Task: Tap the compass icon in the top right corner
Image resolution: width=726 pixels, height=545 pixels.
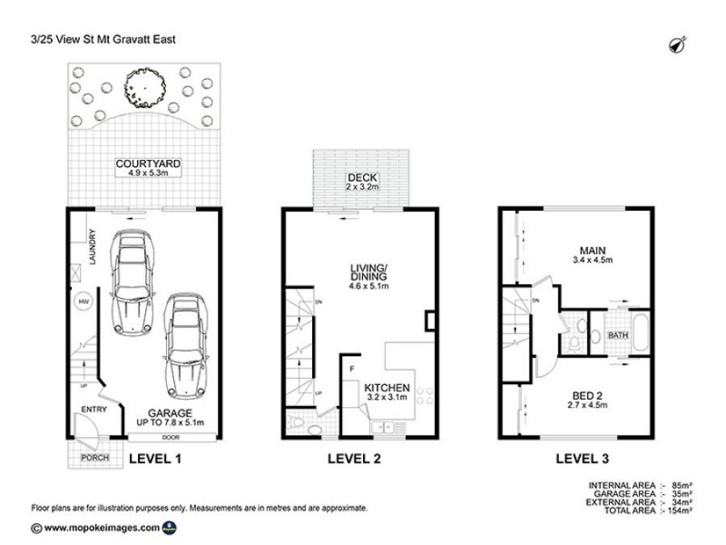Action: coord(676,45)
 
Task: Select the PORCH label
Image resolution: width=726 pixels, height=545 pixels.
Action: coord(95,458)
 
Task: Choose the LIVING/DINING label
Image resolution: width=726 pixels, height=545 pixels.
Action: coord(368,272)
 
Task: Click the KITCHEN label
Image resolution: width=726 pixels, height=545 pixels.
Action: coord(388,388)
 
